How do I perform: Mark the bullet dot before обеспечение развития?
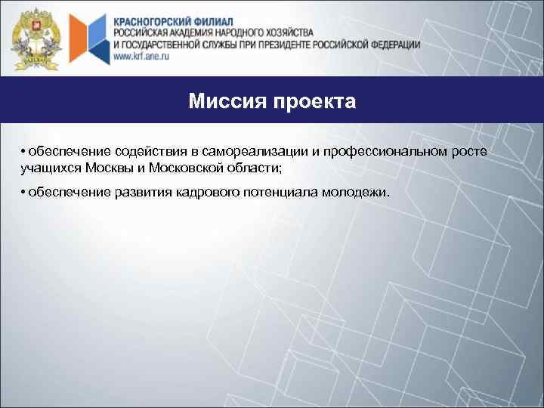[x=24, y=193]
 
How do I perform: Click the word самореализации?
[x=257, y=153]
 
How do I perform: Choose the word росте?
[x=469, y=153]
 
